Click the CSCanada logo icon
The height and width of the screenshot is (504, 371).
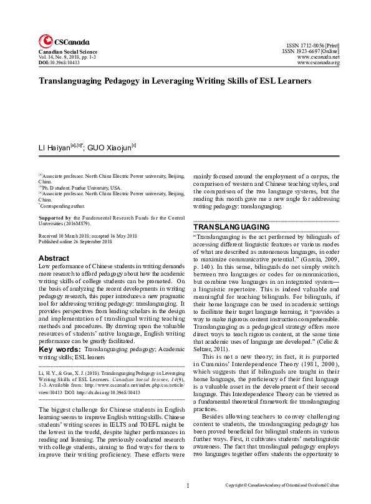pyautogui.click(x=46, y=42)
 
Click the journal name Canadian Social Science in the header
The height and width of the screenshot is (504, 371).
pyautogui.click(x=67, y=52)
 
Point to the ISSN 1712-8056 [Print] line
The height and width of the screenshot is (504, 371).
pyautogui.click(x=312, y=46)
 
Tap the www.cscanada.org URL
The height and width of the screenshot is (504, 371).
pyautogui.click(x=318, y=63)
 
